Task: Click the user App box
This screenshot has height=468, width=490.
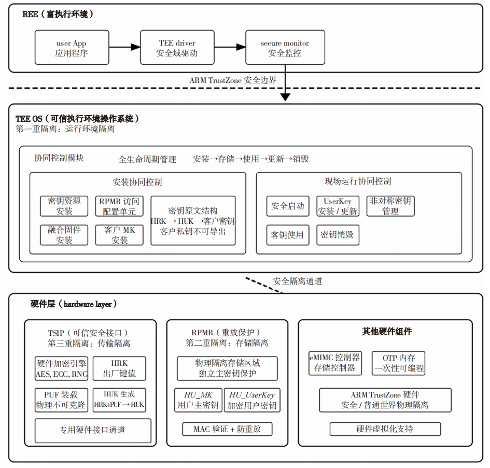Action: point(72,48)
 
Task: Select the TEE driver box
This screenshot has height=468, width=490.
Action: point(177,48)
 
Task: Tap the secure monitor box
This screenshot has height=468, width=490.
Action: point(285,48)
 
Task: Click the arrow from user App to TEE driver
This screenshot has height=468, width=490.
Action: point(124,47)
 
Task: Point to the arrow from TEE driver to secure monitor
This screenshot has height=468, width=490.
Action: point(230,47)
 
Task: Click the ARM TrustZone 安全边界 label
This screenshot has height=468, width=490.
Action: point(233,80)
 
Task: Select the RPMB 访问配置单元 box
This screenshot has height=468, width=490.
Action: point(119,206)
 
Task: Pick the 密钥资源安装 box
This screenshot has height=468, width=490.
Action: point(64,206)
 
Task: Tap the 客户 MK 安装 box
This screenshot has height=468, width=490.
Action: point(119,235)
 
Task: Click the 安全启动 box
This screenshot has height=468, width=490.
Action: point(288,206)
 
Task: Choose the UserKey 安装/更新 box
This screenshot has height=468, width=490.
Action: point(338,206)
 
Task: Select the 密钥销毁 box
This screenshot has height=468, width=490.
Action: point(338,235)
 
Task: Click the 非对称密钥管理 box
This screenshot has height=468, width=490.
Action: point(390,206)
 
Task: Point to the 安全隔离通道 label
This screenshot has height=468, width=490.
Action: point(297,281)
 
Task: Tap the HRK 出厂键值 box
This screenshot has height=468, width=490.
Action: point(119,368)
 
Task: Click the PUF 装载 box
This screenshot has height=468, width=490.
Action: point(61,400)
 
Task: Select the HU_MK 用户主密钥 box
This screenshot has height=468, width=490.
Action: point(198,400)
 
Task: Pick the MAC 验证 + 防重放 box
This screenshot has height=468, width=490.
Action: point(227,429)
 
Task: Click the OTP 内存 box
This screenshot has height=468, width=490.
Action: point(398,363)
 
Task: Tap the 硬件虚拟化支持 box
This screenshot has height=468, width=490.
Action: point(385,429)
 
